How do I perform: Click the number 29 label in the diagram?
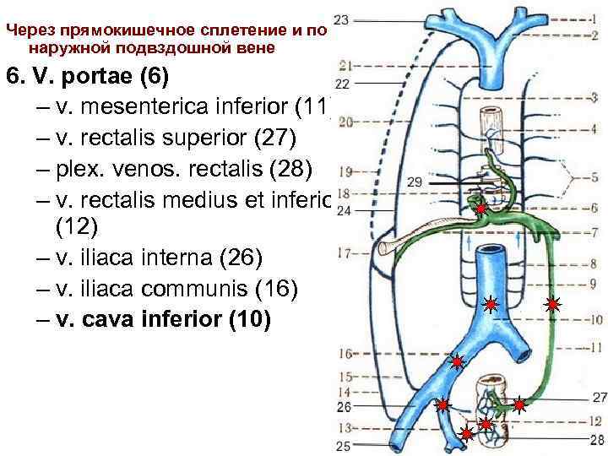[414, 182]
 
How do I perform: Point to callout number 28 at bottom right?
[598, 439]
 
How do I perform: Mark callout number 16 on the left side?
[345, 353]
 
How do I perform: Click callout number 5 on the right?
[594, 177]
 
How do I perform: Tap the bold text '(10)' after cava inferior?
[248, 320]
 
